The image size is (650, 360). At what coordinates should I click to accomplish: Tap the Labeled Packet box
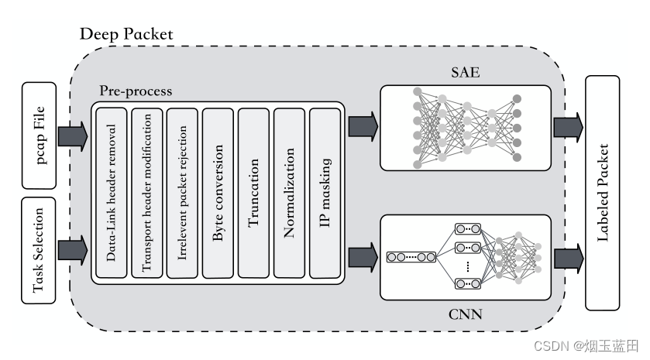point(605,192)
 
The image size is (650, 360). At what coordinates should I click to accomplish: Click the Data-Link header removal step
point(112,193)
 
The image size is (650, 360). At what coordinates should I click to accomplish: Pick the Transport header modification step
point(147,193)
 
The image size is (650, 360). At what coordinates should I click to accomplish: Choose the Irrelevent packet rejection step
point(183,193)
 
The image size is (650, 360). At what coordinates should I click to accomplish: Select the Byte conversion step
point(218,193)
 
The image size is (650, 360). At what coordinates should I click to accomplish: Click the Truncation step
point(254,193)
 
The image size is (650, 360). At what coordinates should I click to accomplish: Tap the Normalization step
point(290,193)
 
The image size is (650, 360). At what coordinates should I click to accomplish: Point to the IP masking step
point(325,193)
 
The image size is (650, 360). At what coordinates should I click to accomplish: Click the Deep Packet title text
point(126,35)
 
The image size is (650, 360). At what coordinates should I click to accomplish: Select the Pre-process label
point(136,91)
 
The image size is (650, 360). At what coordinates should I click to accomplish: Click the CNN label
point(465,315)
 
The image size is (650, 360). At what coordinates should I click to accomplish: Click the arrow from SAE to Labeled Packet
point(569,124)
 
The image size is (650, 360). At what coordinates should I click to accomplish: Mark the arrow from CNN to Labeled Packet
point(569,255)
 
